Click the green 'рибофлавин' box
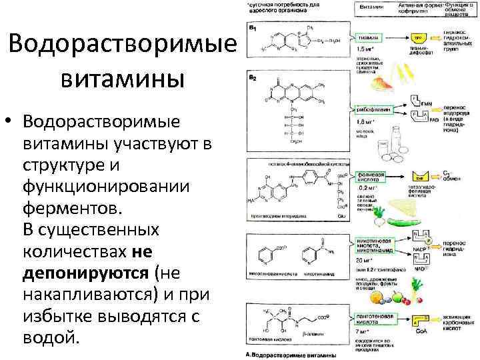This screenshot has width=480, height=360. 373,109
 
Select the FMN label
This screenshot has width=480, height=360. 427,103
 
